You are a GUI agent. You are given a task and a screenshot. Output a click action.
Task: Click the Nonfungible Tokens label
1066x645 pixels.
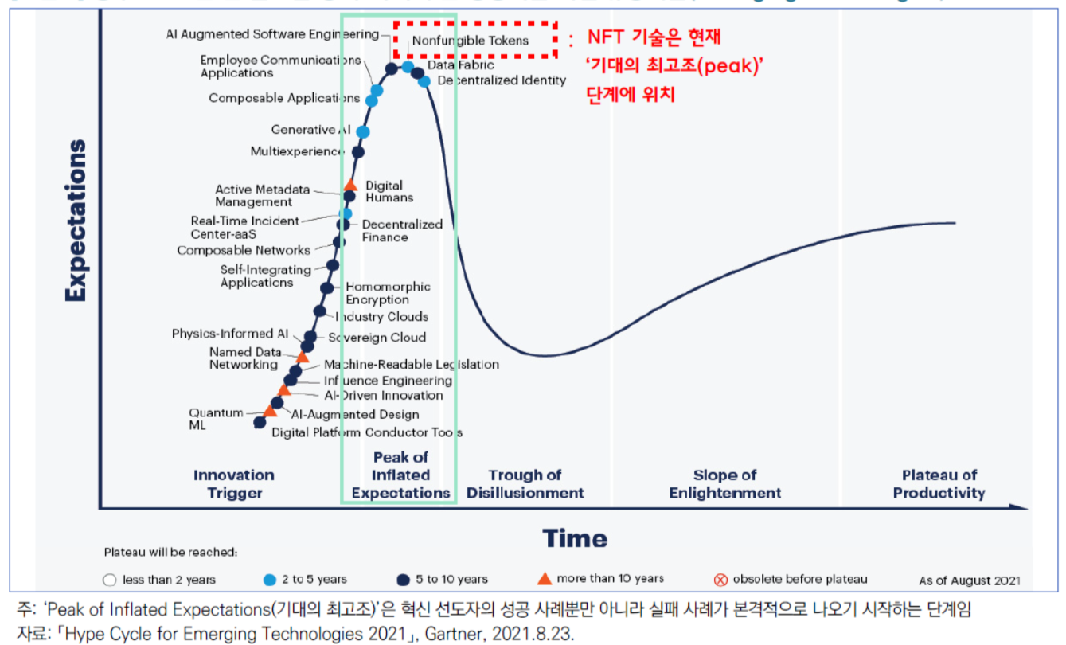(x=471, y=41)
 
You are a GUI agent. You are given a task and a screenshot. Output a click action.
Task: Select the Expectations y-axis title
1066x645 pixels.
(x=76, y=221)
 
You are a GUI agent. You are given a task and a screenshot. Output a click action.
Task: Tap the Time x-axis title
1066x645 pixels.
(x=575, y=538)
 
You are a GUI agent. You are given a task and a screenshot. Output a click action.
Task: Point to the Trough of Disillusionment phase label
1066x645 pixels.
(x=525, y=484)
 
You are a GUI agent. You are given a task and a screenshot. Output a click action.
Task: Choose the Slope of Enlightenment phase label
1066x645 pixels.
(x=724, y=484)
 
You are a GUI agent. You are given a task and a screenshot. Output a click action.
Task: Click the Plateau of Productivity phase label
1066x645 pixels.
(x=939, y=484)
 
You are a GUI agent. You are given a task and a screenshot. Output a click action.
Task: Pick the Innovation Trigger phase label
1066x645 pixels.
(x=234, y=484)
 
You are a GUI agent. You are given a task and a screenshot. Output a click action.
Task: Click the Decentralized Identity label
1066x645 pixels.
(x=502, y=80)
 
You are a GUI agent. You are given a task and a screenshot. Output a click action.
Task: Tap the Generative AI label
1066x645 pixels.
(x=310, y=130)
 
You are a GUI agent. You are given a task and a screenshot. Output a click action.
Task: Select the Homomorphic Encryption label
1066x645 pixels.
(x=388, y=293)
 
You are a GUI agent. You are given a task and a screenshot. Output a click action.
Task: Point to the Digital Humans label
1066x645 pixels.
(x=389, y=191)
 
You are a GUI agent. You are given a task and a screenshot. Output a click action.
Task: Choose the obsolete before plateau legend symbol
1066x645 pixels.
(x=720, y=580)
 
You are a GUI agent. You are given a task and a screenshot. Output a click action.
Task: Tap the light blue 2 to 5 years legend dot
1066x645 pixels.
(x=270, y=580)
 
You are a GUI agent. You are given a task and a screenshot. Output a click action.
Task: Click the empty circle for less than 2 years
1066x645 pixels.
(x=111, y=580)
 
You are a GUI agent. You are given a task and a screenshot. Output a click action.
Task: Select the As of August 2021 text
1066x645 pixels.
(x=969, y=580)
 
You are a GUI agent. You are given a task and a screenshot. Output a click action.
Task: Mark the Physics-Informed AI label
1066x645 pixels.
(x=230, y=334)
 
